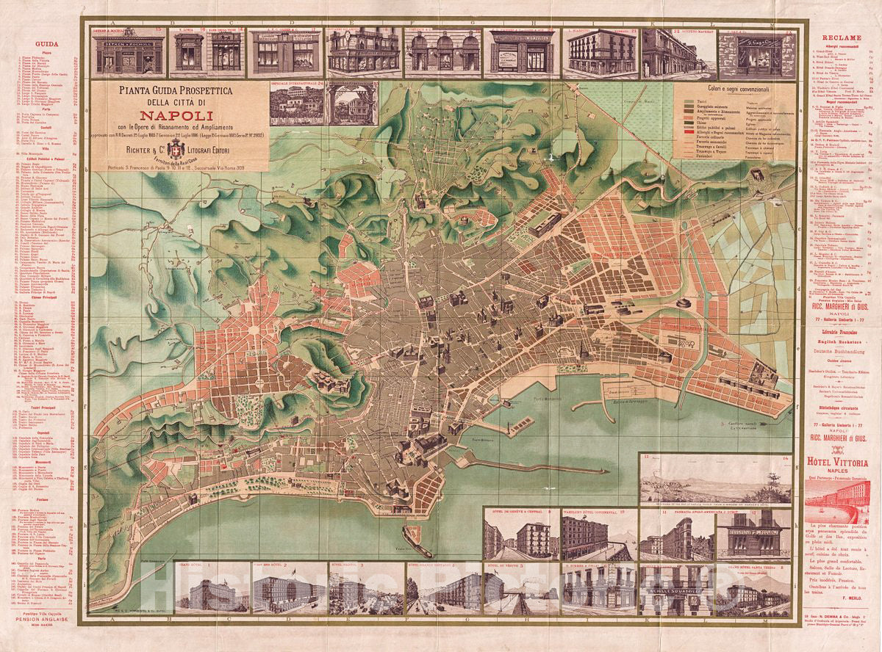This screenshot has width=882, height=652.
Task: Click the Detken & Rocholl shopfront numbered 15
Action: (x=129, y=51)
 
